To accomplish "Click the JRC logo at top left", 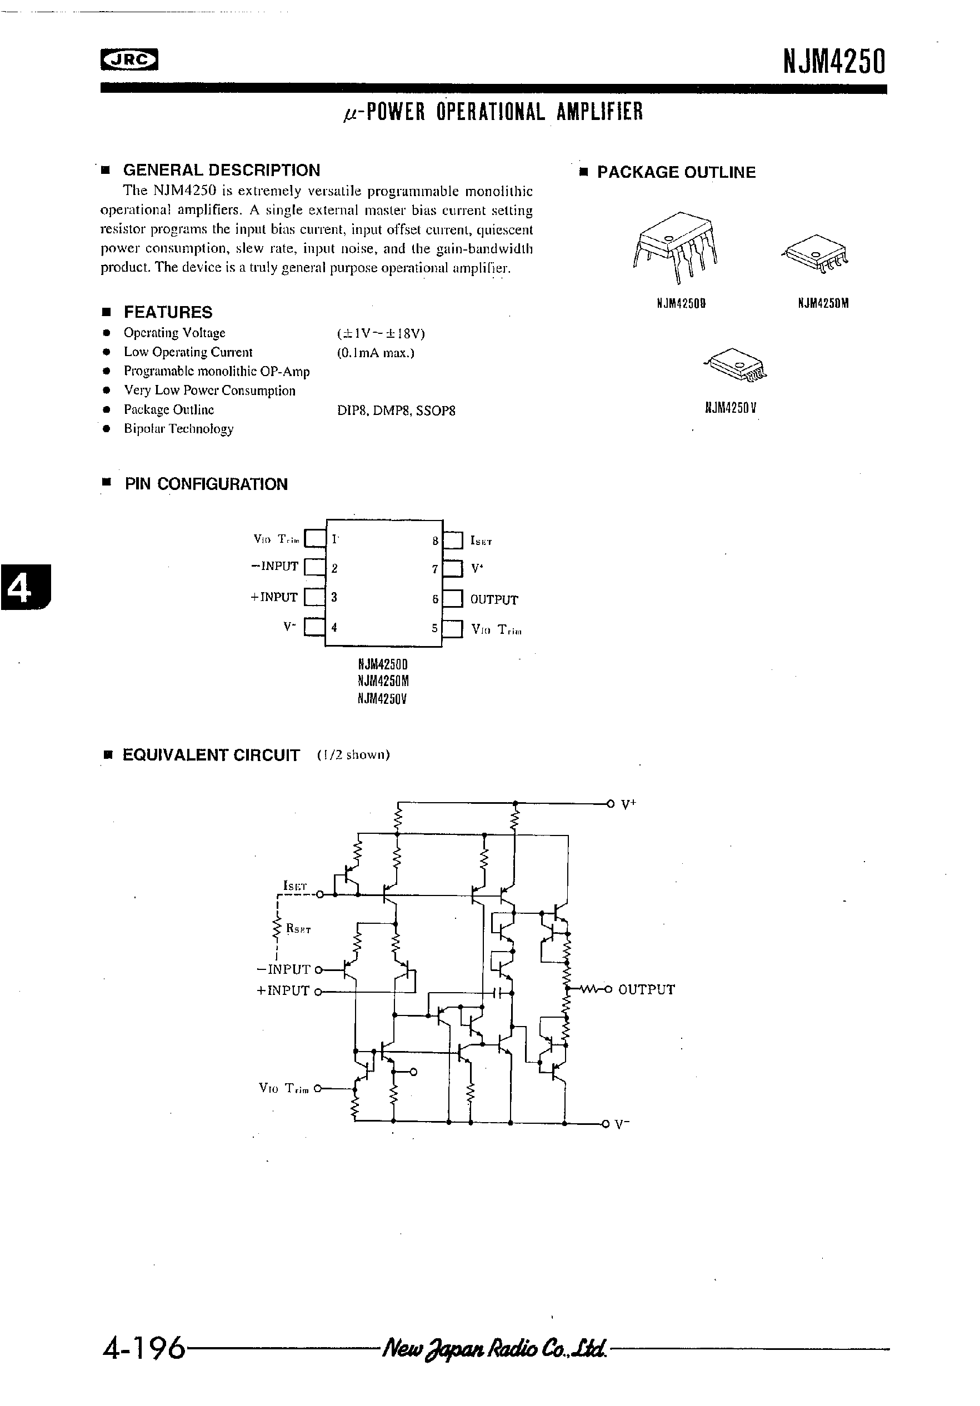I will tap(129, 60).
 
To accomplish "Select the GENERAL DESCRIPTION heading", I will tap(221, 170).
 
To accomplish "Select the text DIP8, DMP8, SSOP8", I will tap(396, 411).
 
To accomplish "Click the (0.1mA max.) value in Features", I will tap(376, 353).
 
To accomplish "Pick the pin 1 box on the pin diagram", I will tap(315, 538).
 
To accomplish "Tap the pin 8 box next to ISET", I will tap(453, 541).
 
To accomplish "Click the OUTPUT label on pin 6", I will tap(494, 600).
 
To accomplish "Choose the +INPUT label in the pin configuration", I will tap(274, 597).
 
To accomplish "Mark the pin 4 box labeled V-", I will tap(315, 627).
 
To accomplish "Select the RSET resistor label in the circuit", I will tap(298, 929).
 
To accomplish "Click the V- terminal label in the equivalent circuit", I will tap(622, 1124).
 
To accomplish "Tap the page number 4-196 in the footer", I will tap(144, 1348).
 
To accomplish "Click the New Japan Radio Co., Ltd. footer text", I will tap(494, 1348).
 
